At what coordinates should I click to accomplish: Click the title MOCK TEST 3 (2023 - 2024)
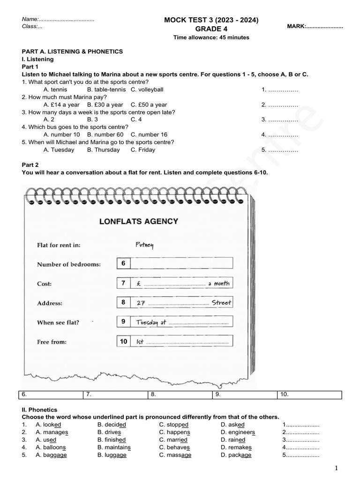[210, 20]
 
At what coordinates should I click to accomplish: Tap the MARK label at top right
[315, 27]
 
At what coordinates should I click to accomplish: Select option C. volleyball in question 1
[147, 90]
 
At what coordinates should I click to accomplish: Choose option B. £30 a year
[105, 105]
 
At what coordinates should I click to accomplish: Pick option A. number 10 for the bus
[61, 135]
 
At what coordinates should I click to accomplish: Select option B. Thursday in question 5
[103, 150]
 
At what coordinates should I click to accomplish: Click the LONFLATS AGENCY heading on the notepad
[139, 221]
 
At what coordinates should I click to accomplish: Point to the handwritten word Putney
[144, 245]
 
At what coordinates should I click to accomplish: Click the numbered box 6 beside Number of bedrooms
[123, 263]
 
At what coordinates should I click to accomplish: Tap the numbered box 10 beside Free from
[123, 342]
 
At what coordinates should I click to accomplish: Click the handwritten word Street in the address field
[221, 303]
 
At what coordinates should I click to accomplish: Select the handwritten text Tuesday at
[151, 322]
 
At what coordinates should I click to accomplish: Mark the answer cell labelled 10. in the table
[310, 395]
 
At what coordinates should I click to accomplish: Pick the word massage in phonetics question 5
[175, 455]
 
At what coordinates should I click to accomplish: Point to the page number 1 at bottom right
[336, 468]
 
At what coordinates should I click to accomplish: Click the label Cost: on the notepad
[45, 284]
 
